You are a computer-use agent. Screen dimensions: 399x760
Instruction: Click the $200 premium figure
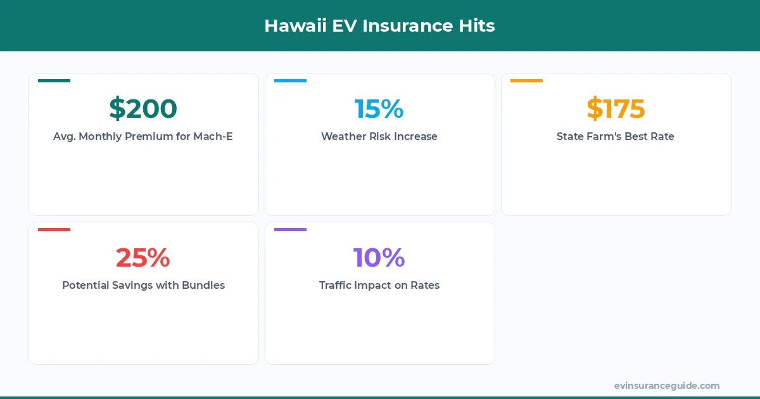coord(143,109)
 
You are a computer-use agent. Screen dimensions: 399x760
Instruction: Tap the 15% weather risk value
coord(379,109)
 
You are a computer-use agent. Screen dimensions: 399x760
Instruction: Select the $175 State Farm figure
coord(616,109)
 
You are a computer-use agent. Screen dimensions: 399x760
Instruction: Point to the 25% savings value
coord(143,258)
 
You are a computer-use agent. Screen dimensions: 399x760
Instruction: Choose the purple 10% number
coord(379,258)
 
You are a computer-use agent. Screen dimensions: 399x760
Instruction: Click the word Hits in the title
coord(478,26)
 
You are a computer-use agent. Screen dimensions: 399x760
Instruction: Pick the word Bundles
coord(203,285)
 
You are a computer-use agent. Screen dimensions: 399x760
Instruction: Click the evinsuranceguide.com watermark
coord(667,386)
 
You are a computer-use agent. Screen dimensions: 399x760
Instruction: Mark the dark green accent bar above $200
coord(54,80)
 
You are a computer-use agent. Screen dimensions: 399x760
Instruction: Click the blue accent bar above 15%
coord(290,80)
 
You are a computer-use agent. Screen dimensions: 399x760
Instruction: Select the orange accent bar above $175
coord(526,80)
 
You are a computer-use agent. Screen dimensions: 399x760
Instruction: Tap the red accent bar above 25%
coord(54,229)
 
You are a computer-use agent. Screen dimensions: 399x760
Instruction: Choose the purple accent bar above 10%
coord(290,229)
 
